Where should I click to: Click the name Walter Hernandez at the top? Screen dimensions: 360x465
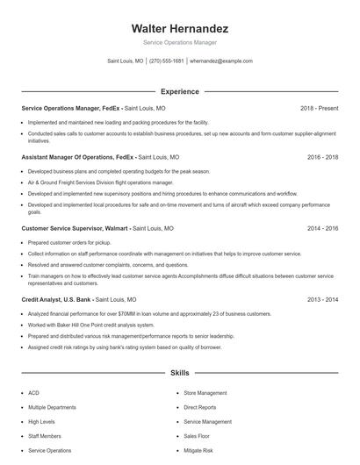pos(180,28)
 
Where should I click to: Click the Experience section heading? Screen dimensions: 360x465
pos(180,91)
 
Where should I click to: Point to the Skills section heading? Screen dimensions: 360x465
pos(180,373)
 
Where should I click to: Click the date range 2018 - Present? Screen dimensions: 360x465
pos(320,109)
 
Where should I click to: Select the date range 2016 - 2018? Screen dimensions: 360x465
pos(323,157)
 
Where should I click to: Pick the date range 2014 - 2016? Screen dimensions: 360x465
pos(323,228)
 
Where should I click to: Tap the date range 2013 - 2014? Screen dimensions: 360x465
pos(323,299)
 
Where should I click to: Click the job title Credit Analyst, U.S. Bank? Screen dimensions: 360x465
pos(55,299)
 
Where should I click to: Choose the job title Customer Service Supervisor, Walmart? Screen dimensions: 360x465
pos(74,228)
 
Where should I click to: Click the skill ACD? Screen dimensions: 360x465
pos(33,393)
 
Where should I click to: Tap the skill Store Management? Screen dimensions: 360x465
pos(205,393)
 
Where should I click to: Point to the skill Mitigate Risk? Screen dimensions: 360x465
pos(198,450)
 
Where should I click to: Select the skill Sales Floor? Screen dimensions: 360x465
pos(198,436)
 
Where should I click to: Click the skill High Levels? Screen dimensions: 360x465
pos(40,422)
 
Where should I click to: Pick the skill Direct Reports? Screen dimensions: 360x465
pos(200,407)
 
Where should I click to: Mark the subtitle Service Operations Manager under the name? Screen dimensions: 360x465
pos(180,42)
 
